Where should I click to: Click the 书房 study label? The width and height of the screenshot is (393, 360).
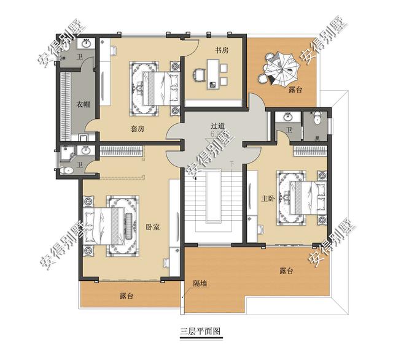click(222, 50)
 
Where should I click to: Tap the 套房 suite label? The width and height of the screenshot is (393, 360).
click(137, 129)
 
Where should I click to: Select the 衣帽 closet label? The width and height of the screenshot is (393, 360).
click(84, 104)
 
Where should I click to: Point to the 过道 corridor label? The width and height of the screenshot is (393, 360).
click(217, 124)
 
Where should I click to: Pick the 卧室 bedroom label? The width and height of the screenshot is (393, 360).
click(153, 227)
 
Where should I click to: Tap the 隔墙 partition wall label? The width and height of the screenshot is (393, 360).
click(200, 283)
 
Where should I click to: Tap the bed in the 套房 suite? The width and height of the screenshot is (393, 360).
click(154, 88)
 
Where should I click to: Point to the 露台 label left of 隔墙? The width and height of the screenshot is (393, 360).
click(127, 296)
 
